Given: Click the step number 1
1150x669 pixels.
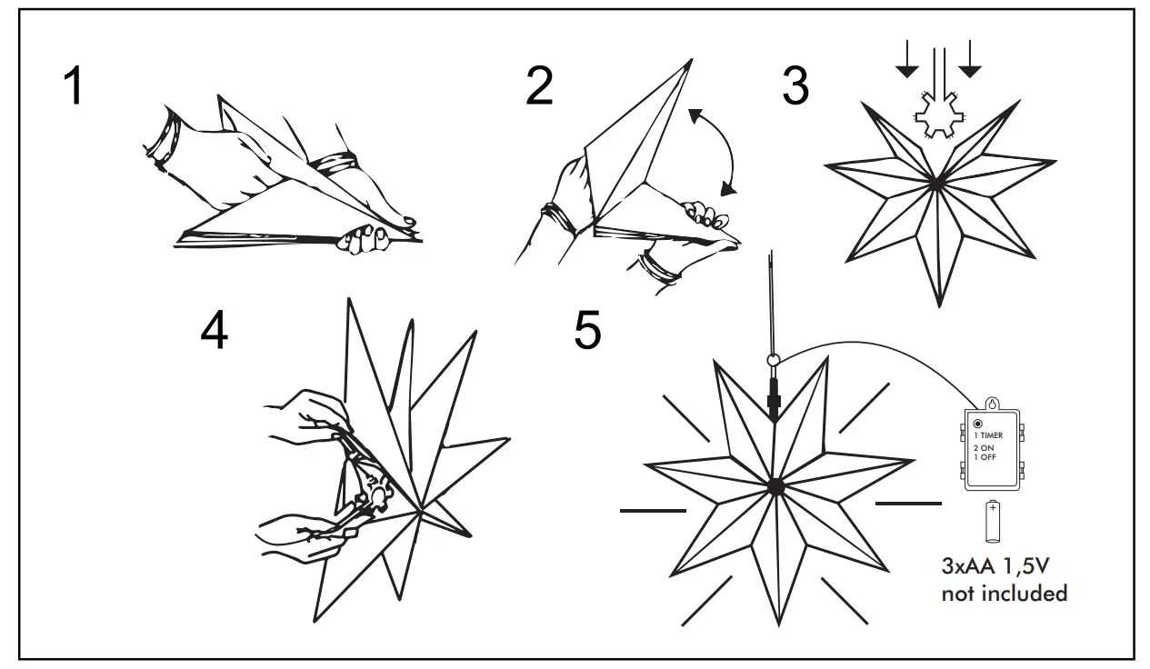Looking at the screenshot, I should pos(72,88).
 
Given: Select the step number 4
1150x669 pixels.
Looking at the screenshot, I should pos(215,332).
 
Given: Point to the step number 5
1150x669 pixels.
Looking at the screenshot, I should pos(587,331).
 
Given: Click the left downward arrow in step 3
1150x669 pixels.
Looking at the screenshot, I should pos(906,59).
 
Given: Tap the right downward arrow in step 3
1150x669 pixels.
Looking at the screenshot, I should pos(970,59).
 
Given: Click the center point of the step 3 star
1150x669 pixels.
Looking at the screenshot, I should pos(936,184).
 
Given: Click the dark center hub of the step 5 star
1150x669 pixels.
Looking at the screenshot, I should pos(775,486).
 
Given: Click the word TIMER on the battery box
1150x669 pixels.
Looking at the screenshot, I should pos(993,436).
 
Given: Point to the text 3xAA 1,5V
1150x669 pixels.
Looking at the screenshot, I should pos(996,567).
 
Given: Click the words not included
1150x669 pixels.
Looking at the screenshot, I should pos(1004,594).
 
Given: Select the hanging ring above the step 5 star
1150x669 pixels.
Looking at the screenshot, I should pos(774,361).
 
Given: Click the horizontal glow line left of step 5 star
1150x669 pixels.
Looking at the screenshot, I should pos(652,511).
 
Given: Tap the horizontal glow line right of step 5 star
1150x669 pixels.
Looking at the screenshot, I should pos(908,502).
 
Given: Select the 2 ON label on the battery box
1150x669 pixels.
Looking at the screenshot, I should pos(985,448).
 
